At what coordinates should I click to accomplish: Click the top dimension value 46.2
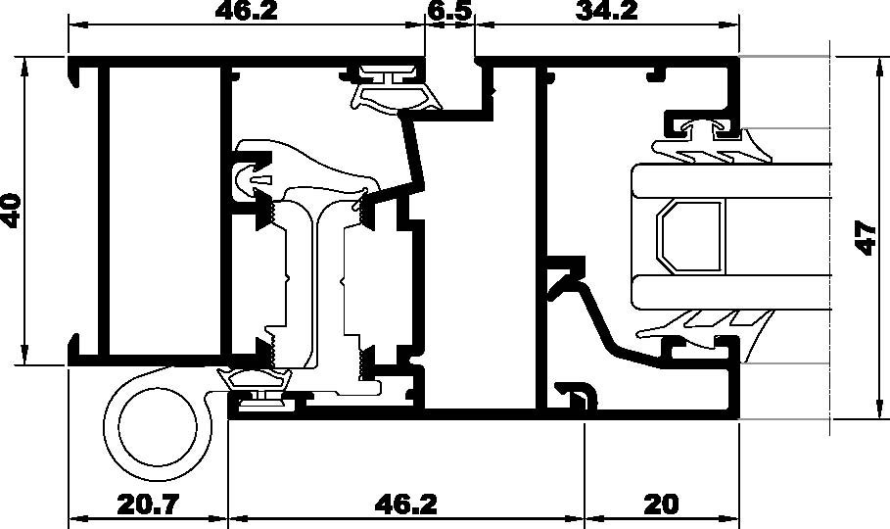point(245,11)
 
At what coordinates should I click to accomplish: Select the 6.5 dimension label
point(449,11)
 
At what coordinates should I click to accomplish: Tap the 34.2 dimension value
point(607,11)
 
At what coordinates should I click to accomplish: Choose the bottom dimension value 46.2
point(405,505)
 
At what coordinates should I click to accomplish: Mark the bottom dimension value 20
point(661,505)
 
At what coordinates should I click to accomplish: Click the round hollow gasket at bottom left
point(154,427)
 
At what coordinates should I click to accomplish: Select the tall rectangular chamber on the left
point(162,210)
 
